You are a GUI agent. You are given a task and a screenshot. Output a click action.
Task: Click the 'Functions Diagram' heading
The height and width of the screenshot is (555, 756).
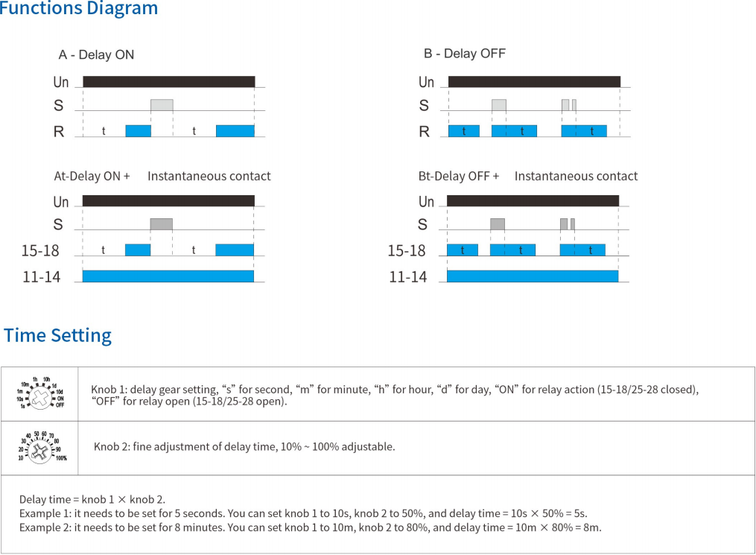[79, 9]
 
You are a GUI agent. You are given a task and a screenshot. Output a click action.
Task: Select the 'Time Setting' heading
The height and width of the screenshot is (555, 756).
[58, 335]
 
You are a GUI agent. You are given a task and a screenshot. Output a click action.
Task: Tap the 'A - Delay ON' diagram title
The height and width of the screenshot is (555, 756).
[96, 54]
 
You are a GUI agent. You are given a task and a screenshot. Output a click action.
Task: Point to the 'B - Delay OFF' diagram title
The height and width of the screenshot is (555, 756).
[465, 54]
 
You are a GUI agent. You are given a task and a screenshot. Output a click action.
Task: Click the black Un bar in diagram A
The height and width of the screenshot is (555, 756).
[169, 81]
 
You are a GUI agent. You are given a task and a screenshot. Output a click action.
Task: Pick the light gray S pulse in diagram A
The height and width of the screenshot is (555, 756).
[162, 105]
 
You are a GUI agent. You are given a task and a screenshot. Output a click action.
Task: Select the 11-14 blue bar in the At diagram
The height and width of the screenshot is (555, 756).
[168, 276]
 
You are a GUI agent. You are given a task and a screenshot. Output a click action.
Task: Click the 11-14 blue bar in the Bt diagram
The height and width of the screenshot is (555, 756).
[533, 276]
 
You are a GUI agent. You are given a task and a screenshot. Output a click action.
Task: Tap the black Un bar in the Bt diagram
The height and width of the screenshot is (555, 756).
[533, 200]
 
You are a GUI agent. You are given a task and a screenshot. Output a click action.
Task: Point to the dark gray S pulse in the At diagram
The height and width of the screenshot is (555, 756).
[161, 223]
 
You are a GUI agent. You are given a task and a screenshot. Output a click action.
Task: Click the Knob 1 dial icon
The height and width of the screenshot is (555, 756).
[40, 393]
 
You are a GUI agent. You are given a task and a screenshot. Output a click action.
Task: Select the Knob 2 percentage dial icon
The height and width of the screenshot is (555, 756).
[42, 446]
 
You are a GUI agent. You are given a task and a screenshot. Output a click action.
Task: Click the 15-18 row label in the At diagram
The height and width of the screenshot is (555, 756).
[40, 251]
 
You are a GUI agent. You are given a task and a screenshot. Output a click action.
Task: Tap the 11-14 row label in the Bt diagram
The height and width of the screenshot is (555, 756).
[408, 277]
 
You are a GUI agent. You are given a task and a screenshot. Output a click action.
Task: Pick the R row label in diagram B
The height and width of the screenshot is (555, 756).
[425, 132]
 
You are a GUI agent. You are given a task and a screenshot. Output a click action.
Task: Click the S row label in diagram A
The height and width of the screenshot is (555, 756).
[58, 106]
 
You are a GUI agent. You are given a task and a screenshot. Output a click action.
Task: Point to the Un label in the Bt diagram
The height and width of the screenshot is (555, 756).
[426, 201]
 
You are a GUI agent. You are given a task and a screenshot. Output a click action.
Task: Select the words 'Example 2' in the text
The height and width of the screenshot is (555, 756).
[42, 527]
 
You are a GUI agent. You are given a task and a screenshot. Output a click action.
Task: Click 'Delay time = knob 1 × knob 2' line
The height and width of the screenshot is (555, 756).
[92, 499]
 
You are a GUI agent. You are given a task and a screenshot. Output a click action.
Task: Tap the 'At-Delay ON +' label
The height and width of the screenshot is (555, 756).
[92, 177]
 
